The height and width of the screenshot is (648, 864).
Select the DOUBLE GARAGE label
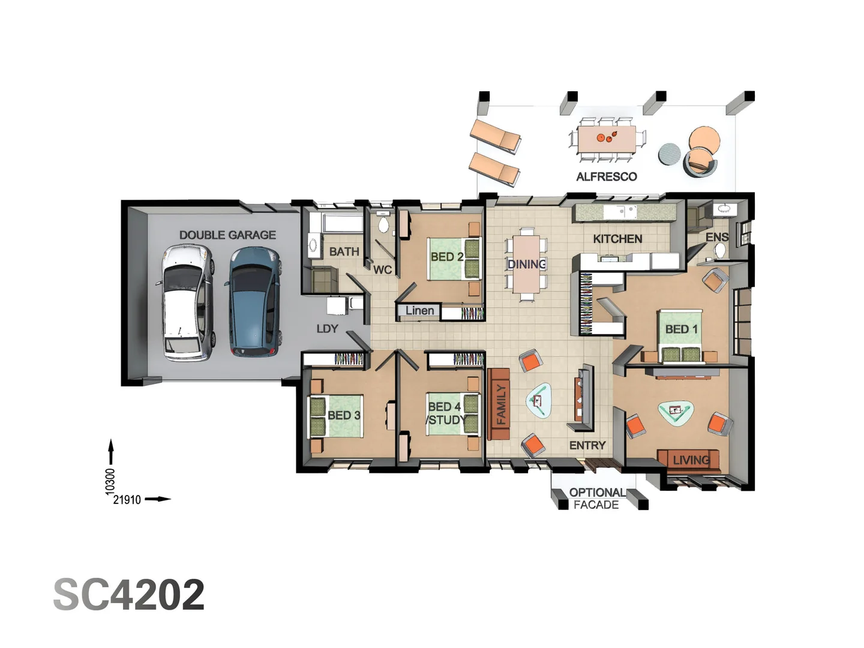(x=227, y=235)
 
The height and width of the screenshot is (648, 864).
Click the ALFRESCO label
(x=606, y=176)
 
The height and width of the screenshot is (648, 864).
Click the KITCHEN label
(x=617, y=239)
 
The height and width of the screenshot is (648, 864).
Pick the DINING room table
(x=526, y=264)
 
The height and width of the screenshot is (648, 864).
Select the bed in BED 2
(x=454, y=259)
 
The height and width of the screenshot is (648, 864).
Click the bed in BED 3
(x=336, y=415)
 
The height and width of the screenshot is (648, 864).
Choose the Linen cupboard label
(x=419, y=311)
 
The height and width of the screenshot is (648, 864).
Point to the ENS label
(x=716, y=237)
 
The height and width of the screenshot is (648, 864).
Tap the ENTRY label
(x=587, y=445)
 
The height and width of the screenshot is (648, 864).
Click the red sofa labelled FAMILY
(x=499, y=405)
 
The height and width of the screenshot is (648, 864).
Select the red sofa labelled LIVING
(x=689, y=460)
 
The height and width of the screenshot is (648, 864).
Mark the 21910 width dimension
(x=127, y=500)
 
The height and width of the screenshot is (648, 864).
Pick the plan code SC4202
(x=129, y=595)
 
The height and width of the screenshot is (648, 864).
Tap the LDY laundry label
(x=327, y=329)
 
